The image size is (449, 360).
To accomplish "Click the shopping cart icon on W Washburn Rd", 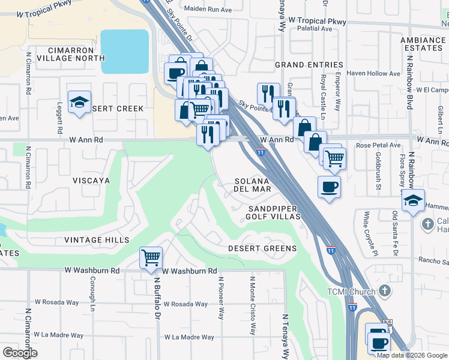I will point(151,258).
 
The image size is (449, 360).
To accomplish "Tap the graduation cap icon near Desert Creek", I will point(79,102).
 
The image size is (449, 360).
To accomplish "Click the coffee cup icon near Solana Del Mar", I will point(329,187).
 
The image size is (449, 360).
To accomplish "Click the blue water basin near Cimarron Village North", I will point(125,52).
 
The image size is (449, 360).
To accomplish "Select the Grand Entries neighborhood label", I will point(309,65).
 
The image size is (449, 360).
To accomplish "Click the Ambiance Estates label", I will point(424,44).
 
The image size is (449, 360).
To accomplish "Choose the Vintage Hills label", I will point(97,240).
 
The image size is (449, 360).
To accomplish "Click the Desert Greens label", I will point(262,248).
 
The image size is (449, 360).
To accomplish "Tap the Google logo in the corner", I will point(20,352).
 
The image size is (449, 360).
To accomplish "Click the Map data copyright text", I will point(412,355).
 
